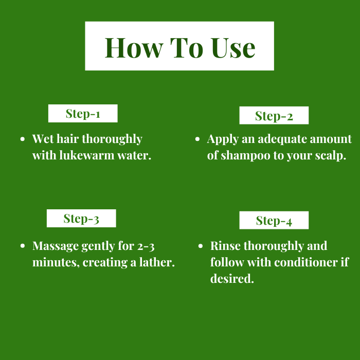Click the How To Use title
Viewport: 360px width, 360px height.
(180, 48)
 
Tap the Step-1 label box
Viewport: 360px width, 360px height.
(83, 114)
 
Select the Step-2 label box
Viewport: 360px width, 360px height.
(274, 115)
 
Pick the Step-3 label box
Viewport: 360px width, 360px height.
(81, 219)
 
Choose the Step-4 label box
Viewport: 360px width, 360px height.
(274, 220)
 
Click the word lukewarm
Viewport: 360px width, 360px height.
(87, 155)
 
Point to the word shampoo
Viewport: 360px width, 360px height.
(246, 156)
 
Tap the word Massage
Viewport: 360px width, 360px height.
(56, 246)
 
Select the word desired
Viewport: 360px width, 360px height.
(232, 279)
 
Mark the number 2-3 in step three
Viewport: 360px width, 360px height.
(146, 246)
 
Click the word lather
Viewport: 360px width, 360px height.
(157, 262)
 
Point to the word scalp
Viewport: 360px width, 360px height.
(330, 156)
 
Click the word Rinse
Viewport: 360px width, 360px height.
(225, 246)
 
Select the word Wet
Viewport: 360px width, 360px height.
(43, 139)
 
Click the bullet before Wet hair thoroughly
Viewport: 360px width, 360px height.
(23, 139)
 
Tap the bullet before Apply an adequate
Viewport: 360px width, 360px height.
(197, 139)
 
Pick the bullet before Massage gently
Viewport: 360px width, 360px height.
(23, 246)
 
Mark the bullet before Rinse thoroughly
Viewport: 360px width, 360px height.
(201, 246)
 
